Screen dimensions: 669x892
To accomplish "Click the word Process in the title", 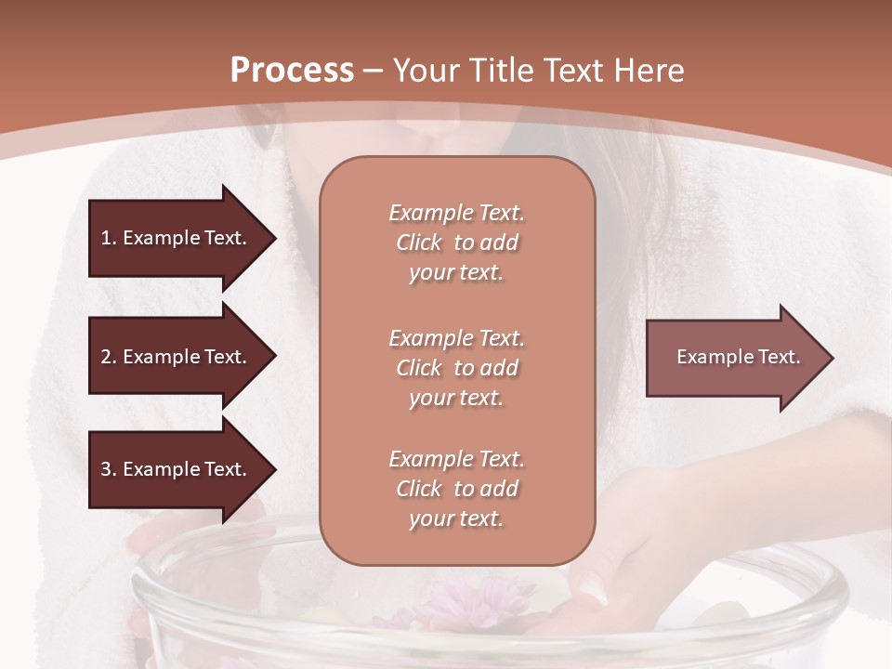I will click(x=292, y=71).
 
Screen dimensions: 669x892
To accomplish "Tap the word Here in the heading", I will click(x=647, y=71).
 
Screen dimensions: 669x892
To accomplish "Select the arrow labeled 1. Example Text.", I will click(x=177, y=238).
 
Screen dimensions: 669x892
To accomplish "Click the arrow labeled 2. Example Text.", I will click(x=177, y=357).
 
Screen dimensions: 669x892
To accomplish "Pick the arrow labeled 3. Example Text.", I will click(x=177, y=469).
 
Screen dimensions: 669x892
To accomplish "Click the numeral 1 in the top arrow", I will click(x=105, y=238).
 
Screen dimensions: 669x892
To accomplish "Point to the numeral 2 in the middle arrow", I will click(x=105, y=357).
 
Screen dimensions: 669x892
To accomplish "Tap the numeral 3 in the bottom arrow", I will click(x=105, y=469).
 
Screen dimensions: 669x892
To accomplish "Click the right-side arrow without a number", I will click(x=734, y=358).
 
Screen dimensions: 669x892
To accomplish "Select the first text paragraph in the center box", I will click(x=456, y=243).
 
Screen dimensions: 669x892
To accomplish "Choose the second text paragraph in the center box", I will click(x=456, y=368).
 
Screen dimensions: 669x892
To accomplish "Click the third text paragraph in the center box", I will click(x=456, y=489).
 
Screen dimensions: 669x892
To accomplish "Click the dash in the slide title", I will click(x=374, y=71).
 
